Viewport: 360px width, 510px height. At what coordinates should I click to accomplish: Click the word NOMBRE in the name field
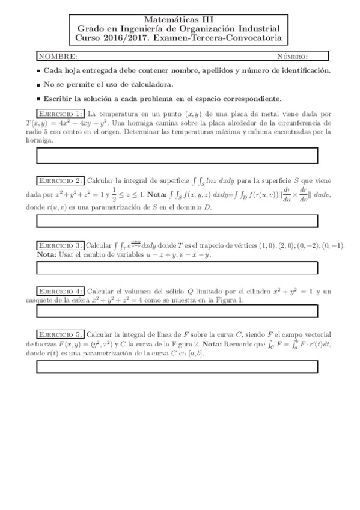(58, 57)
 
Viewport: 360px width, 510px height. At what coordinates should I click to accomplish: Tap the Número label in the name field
(292, 57)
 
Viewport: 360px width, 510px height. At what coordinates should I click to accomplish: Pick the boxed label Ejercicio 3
(60, 246)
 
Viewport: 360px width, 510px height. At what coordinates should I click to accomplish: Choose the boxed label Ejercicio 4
(60, 291)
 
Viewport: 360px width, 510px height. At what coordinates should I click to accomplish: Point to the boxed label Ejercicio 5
(60, 334)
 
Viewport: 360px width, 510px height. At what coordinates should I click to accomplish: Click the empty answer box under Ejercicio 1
(177, 155)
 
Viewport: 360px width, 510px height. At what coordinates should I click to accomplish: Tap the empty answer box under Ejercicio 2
(177, 221)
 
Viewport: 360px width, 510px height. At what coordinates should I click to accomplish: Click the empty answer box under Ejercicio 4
(177, 311)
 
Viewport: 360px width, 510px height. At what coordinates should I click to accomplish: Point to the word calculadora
(151, 85)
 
